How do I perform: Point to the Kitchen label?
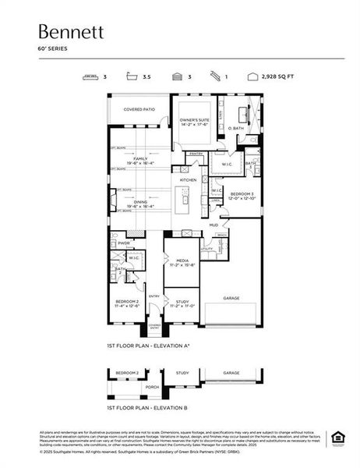[x=189, y=179]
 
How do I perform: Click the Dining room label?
[x=141, y=202]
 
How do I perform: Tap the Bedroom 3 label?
[x=242, y=192]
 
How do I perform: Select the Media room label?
[x=182, y=261]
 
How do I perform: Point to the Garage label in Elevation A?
[x=231, y=297]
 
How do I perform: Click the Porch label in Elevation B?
[x=153, y=386]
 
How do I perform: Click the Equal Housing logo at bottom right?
[x=338, y=437]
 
